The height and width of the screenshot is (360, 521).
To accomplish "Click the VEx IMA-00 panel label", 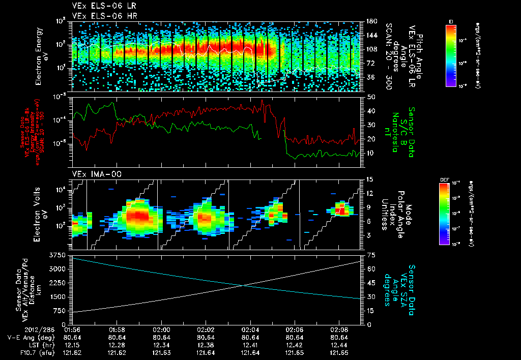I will pyautogui.click(x=93, y=174).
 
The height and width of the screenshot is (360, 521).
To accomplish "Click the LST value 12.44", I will pyautogui.click(x=338, y=345).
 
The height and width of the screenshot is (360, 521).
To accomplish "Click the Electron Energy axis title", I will pyautogui.click(x=42, y=56).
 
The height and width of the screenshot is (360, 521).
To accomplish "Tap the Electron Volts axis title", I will pyautogui.click(x=42, y=214).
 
